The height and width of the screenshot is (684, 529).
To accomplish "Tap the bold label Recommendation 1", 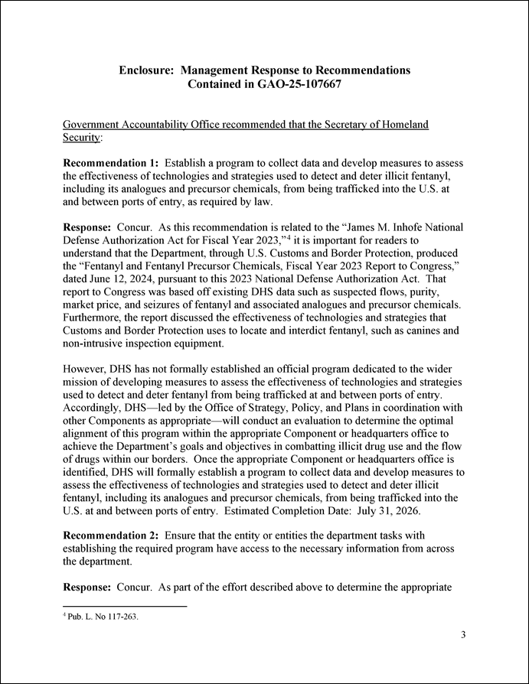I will (109, 164).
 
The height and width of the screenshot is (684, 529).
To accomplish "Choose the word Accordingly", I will (96, 409).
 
